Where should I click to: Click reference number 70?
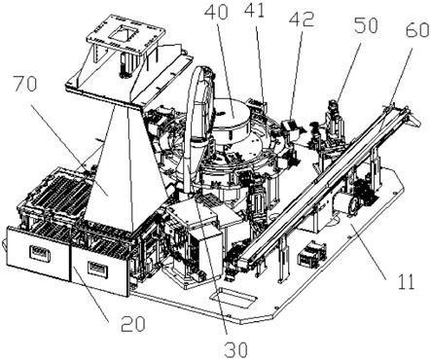[25, 86]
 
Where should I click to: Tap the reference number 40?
[216, 12]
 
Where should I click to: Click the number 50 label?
[365, 25]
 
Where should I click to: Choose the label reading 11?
[405, 281]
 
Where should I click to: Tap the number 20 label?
[133, 324]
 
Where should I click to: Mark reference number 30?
[236, 349]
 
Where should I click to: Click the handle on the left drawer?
[40, 253]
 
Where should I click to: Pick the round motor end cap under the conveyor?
[353, 204]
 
